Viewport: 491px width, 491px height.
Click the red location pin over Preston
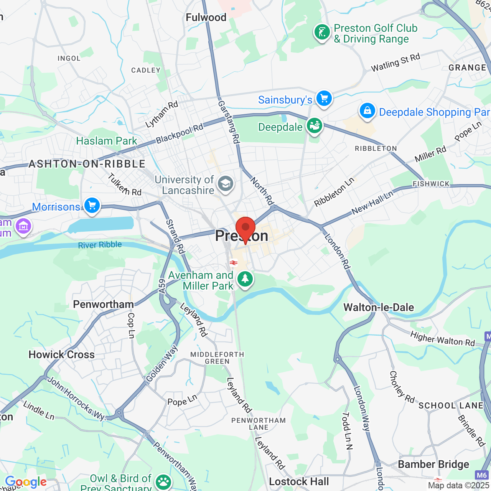coord(245,229)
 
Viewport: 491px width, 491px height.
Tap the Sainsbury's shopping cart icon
coord(324,99)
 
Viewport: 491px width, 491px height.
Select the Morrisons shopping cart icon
coord(92,206)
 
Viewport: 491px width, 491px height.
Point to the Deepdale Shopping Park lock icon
coord(367,111)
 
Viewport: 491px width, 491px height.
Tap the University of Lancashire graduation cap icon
coord(226,184)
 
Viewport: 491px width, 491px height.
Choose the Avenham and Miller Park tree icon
coord(245,279)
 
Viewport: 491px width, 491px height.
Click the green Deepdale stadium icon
coord(315,126)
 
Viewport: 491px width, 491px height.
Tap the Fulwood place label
coord(206,18)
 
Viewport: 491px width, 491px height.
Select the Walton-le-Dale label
coord(379,307)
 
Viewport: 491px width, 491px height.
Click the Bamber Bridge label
coord(433,465)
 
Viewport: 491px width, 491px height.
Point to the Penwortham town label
coord(104,305)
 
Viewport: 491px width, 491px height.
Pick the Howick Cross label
coord(62,354)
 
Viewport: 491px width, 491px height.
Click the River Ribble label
coord(100,245)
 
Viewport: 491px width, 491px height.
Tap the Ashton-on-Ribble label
coord(87,164)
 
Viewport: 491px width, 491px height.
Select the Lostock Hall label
coord(299,481)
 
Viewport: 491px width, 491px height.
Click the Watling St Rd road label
coord(395,63)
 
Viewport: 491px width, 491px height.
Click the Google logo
coord(26,482)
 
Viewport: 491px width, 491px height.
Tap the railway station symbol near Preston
coord(233,263)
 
